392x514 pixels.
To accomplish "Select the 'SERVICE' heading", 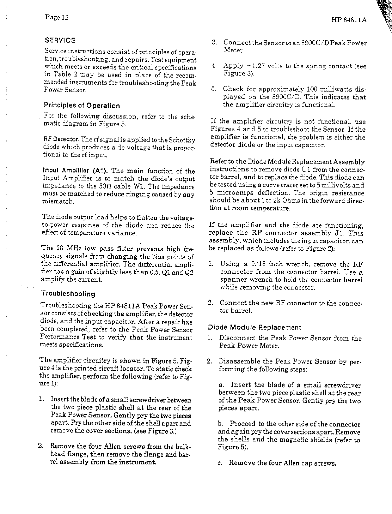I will pyautogui.click(x=60, y=41).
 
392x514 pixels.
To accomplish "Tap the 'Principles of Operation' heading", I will pyautogui.click(x=82, y=106).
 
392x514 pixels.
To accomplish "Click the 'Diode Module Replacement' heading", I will pyautogui.click(x=254, y=327).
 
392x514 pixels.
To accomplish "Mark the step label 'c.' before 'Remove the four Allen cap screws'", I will pyautogui.click(x=219, y=463).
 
